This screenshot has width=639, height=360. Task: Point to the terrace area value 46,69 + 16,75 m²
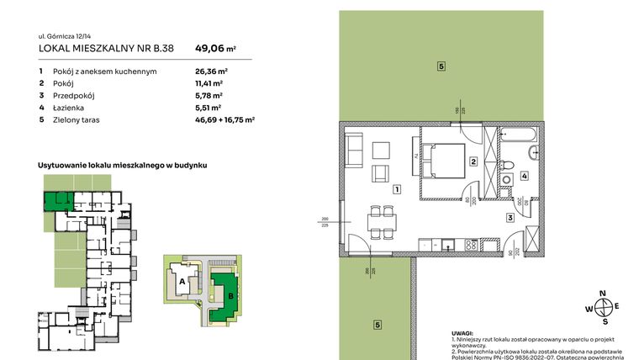(224, 120)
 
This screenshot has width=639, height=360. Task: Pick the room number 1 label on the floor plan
(394, 189)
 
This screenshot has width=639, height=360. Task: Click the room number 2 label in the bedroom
(473, 161)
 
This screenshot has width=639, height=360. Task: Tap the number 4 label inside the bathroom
(523, 176)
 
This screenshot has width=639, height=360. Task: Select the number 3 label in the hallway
(510, 218)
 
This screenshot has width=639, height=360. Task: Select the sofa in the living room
(354, 151)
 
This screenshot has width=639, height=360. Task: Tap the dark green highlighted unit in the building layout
(56, 200)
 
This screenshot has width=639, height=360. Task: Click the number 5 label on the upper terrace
(440, 66)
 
